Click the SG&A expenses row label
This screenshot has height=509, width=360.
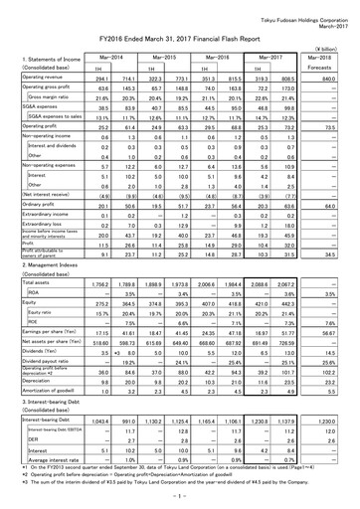tap(35, 105)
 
